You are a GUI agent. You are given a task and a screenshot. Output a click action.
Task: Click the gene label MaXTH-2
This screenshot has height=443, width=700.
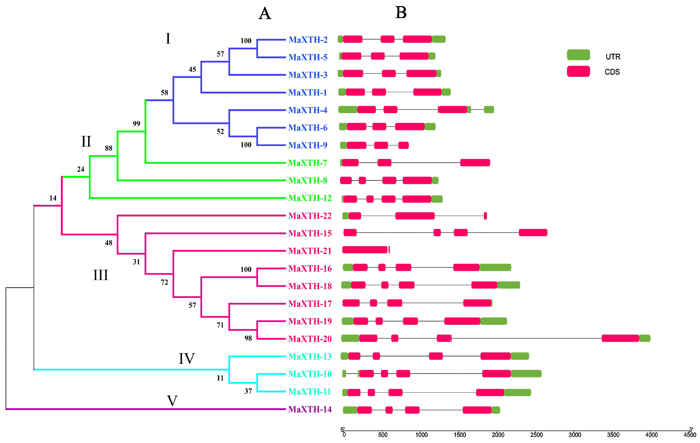[308, 40]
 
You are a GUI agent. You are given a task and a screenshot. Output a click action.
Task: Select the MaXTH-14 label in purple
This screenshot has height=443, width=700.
[309, 409]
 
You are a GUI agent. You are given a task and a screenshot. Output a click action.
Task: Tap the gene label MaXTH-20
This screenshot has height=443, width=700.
[309, 339]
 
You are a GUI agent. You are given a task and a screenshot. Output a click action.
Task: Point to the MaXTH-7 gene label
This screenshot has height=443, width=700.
[308, 163]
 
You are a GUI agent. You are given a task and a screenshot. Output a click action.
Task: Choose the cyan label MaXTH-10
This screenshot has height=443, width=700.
[309, 374]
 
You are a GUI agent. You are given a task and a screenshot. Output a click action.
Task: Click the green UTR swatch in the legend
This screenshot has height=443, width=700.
[578, 55]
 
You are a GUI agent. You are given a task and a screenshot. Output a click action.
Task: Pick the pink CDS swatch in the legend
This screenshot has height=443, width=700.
[578, 71]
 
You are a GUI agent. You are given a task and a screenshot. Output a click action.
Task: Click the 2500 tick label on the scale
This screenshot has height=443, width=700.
[536, 435]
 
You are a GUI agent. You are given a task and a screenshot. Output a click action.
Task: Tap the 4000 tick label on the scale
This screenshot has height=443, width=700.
[652, 435]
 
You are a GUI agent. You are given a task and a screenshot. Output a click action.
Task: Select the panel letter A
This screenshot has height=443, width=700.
[264, 14]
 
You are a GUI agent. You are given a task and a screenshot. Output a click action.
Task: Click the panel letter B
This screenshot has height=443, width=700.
[401, 13]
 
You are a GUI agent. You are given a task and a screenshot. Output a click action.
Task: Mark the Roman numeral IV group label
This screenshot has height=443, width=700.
[187, 358]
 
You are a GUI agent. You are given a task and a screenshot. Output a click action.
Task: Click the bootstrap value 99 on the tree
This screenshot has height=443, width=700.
[136, 124]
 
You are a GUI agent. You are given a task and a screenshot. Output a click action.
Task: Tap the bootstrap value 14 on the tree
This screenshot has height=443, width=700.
[53, 198]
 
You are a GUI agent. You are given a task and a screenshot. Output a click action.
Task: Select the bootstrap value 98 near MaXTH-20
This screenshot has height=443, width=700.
[248, 338]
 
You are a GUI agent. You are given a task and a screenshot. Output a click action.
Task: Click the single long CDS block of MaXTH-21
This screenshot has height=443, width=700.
[365, 250]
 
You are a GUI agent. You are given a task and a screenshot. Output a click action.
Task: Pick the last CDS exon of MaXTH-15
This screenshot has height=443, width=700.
[533, 233]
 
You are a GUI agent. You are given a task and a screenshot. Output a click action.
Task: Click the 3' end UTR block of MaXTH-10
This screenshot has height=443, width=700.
[526, 374]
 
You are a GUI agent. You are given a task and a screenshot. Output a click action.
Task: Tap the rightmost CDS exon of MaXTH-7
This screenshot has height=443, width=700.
[475, 163]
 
